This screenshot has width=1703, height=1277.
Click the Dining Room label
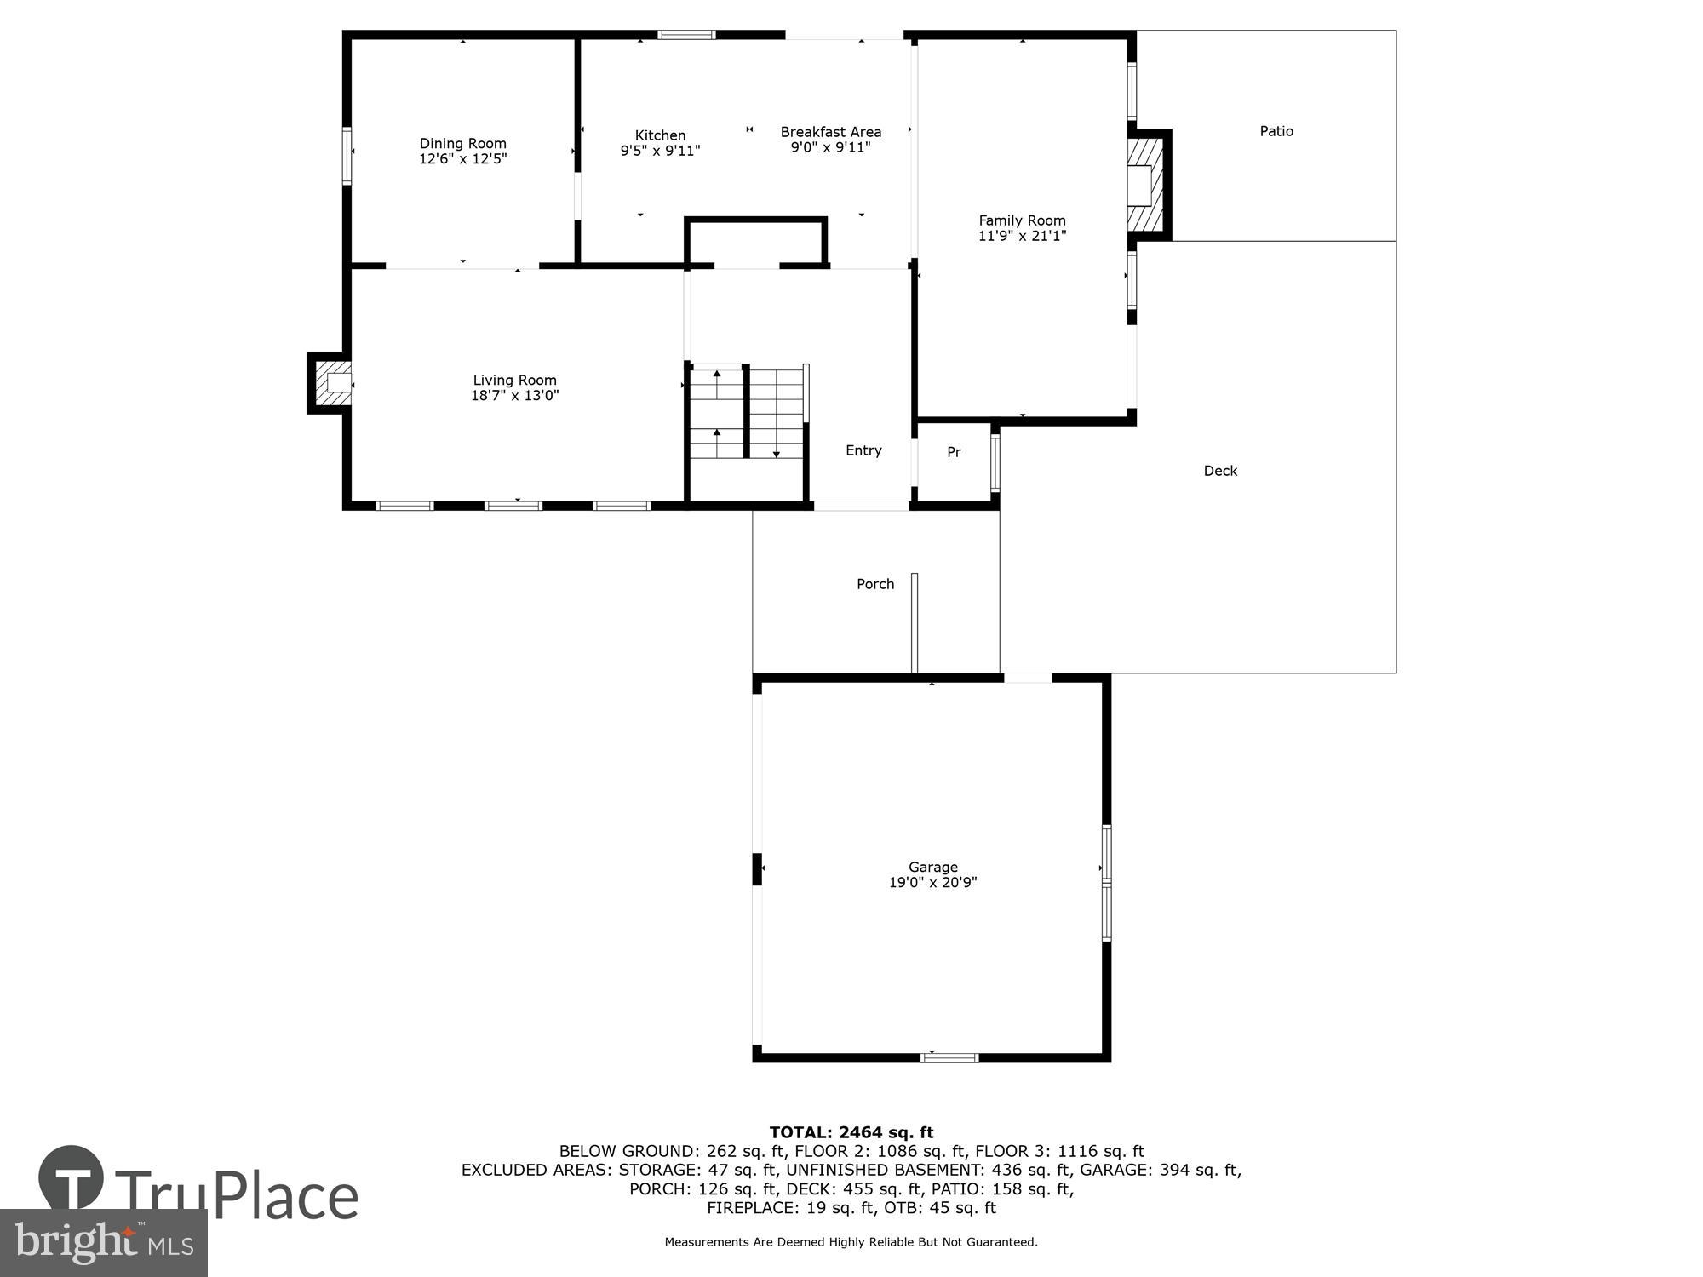462,143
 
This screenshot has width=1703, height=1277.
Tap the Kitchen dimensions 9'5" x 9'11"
660,151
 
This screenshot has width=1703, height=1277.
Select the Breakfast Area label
830,132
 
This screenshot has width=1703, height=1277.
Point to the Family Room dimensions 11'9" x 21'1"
1022,236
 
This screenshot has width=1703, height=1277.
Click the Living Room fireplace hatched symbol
332,383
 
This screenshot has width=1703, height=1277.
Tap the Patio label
1276,131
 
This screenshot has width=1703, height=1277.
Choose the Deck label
1219,471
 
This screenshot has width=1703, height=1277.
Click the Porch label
874,584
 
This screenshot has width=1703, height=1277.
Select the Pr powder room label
954,452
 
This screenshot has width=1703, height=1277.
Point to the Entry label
863,450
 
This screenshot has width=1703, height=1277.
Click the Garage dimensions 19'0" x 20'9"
932,883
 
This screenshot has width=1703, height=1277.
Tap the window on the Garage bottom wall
949,1057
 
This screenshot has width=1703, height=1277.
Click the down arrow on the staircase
776,453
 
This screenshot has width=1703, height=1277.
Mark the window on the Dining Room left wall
347,155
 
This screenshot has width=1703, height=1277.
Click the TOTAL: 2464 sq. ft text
851,1132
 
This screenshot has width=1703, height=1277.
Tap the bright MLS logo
104,1242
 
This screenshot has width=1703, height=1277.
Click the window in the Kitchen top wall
686,35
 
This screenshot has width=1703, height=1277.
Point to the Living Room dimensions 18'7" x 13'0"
514,395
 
